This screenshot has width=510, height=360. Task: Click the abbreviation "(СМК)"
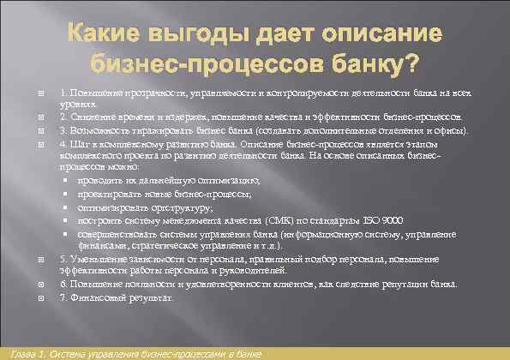[x=280, y=219]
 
